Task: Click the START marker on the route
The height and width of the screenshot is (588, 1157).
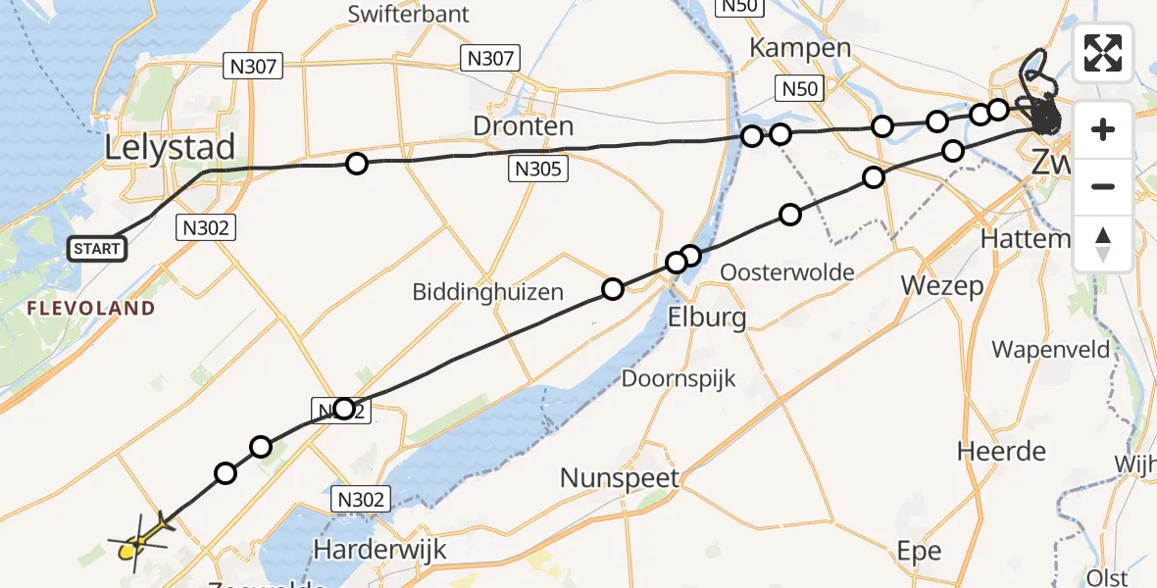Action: pyautogui.click(x=97, y=249)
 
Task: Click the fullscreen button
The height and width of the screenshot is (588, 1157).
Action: pyautogui.click(x=1103, y=53)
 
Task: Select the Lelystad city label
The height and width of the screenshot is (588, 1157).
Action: pyautogui.click(x=172, y=148)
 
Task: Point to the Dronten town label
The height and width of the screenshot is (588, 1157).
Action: pyautogui.click(x=523, y=126)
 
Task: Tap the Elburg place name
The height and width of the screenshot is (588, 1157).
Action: pyautogui.click(x=706, y=317)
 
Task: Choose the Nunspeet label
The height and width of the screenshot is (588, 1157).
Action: pyautogui.click(x=620, y=478)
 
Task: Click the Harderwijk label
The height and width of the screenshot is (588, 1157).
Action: pyautogui.click(x=379, y=549)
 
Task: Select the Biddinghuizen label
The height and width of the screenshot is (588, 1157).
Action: pyautogui.click(x=487, y=291)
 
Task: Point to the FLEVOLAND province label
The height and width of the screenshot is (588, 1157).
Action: pyautogui.click(x=91, y=309)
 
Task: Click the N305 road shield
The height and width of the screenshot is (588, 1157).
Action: pyautogui.click(x=537, y=170)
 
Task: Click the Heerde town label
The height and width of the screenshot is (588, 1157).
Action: pyautogui.click(x=1001, y=452)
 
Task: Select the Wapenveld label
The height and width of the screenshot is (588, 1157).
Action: pyautogui.click(x=1050, y=350)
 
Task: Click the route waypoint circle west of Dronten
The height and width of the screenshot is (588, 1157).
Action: pyautogui.click(x=357, y=164)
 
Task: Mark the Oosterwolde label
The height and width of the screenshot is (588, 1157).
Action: pyautogui.click(x=787, y=272)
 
